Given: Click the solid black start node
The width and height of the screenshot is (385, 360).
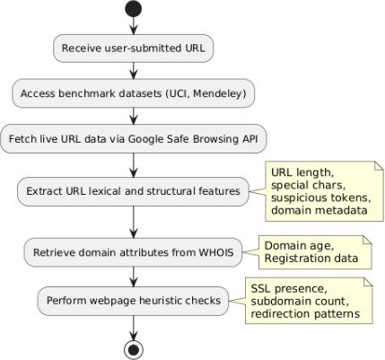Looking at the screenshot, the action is click(x=133, y=8).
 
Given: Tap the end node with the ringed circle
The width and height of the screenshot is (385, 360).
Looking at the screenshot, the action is click(x=134, y=349).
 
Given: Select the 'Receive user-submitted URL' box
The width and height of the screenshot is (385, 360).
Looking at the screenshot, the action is click(x=134, y=48).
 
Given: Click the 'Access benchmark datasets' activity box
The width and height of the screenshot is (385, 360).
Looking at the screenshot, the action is click(x=134, y=93).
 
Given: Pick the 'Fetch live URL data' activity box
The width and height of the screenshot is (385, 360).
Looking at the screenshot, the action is click(x=134, y=139).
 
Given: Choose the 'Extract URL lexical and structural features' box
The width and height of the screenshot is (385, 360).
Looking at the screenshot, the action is click(x=133, y=191).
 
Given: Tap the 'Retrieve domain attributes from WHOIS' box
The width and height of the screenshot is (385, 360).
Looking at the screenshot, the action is click(x=133, y=252).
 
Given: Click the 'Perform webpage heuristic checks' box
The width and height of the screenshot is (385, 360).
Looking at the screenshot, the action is click(x=133, y=301).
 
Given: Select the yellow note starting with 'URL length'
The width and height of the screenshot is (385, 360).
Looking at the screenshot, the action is click(x=324, y=191).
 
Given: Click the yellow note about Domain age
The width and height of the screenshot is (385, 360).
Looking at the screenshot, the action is click(x=315, y=252).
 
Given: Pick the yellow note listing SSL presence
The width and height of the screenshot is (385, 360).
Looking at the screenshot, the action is click(x=309, y=301).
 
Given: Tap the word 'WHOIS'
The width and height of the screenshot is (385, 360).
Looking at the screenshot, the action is click(x=216, y=252).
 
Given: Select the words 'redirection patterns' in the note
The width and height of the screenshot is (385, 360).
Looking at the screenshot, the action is click(x=305, y=313).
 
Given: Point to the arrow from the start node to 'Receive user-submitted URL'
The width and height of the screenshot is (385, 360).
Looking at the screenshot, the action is click(x=134, y=25).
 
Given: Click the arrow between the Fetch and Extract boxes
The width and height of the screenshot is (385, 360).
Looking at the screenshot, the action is click(x=134, y=165).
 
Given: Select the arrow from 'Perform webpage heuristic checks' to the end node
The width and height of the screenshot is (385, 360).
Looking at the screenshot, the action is click(x=134, y=328).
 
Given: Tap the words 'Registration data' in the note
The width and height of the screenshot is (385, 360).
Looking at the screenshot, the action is click(x=311, y=259).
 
